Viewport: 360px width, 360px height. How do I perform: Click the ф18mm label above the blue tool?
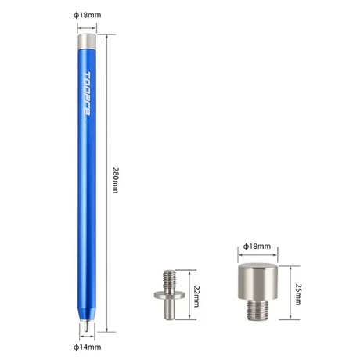click(87, 15)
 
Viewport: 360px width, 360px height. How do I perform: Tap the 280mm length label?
click(115, 180)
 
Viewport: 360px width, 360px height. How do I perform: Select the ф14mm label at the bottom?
click(87, 347)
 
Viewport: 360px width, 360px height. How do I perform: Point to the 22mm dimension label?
click(196, 297)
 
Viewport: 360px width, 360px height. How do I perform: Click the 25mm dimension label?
click(298, 294)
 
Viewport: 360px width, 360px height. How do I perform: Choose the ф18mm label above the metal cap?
click(257, 247)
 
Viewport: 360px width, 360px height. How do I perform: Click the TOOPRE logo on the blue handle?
click(87, 93)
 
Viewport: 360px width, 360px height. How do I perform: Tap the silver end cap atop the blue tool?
click(87, 41)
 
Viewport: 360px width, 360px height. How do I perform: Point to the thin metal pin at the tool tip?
click(86, 326)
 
